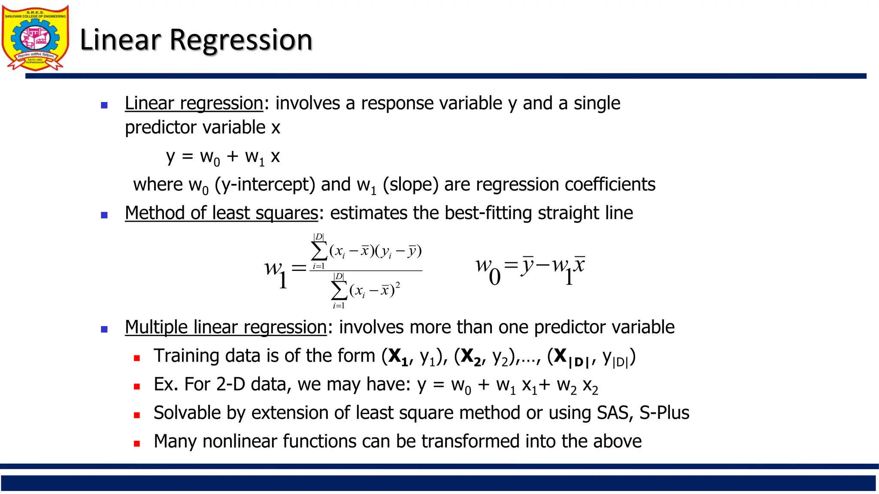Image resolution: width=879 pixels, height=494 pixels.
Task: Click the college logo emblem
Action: [x=35, y=38]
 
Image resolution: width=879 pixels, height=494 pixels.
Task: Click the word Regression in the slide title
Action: [x=241, y=40]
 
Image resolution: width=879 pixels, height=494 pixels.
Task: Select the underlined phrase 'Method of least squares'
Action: [x=221, y=213]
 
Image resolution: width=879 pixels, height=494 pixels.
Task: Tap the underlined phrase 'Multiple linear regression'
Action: [x=226, y=327]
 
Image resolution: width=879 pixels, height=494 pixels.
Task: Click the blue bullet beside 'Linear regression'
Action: [x=104, y=105]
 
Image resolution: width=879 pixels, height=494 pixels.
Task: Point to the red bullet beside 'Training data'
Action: [x=137, y=358]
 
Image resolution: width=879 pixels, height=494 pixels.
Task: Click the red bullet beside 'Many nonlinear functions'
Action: [x=137, y=444]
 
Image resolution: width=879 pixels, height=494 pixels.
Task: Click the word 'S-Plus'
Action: [x=664, y=413]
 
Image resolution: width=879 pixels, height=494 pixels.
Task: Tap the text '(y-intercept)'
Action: [x=265, y=185]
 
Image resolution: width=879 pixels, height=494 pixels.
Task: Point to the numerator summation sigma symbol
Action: [x=319, y=251]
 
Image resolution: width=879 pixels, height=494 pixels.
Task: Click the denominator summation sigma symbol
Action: [x=339, y=291]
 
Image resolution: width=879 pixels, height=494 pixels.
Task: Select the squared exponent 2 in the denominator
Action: [x=398, y=284]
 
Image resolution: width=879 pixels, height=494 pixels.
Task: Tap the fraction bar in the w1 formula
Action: [x=366, y=271]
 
